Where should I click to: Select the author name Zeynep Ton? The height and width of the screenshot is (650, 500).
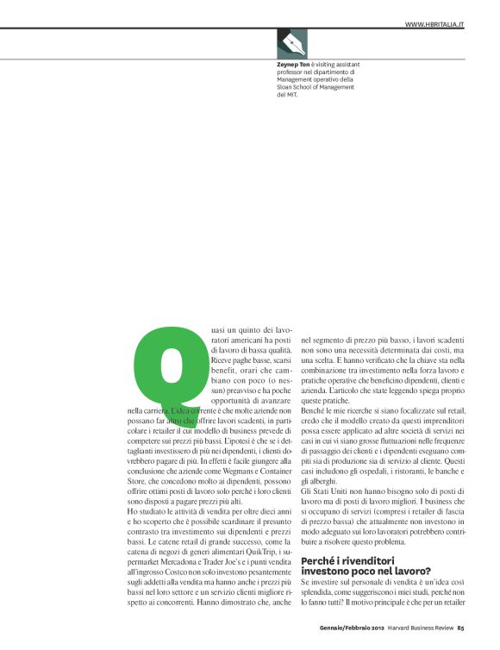tap(294, 65)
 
